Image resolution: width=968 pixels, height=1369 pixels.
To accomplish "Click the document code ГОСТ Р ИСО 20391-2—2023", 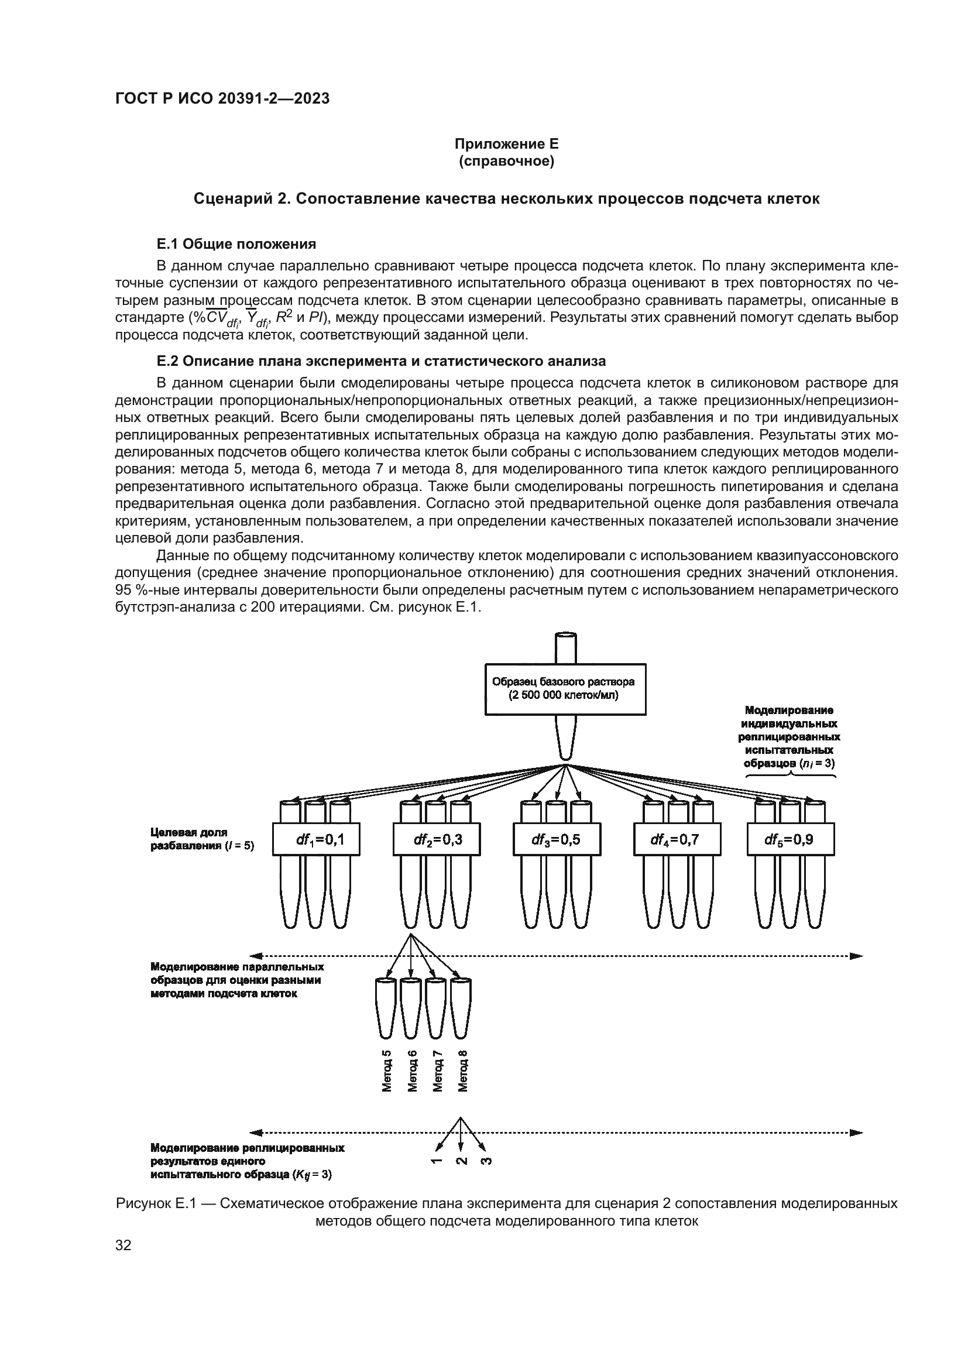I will [x=222, y=99].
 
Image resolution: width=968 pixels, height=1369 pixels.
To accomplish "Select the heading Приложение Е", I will [x=506, y=144].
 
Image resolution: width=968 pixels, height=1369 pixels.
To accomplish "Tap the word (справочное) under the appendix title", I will [x=506, y=161].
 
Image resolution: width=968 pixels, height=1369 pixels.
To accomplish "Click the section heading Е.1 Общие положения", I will [x=236, y=244].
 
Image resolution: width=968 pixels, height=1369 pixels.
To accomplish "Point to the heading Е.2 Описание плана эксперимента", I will [x=381, y=361].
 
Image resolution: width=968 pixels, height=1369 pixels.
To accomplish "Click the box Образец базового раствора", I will [x=565, y=689].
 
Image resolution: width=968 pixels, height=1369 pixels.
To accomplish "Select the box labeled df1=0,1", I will [x=316, y=839].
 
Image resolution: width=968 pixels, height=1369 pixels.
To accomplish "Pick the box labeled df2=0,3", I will [x=437, y=839].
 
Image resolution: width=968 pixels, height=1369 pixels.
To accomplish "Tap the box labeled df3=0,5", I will [x=557, y=839].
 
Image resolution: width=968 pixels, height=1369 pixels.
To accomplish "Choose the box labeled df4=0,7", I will [x=677, y=839].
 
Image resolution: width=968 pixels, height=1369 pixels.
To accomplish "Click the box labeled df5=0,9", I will [x=790, y=839].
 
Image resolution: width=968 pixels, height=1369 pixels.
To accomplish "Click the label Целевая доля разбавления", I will [x=201, y=838].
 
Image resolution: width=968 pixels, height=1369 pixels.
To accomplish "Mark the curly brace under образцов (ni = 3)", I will [x=791, y=775].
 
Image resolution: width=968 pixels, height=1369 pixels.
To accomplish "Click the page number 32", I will [x=123, y=1245].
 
